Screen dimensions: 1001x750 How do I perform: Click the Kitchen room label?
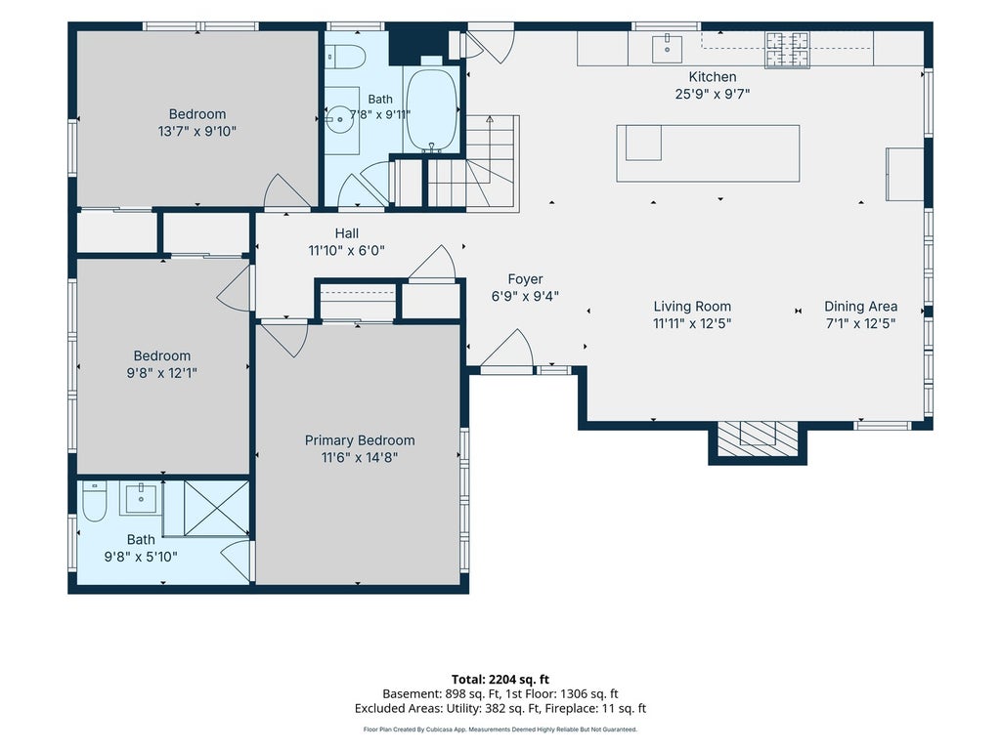(713, 77)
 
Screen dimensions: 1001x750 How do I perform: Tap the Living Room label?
(692, 307)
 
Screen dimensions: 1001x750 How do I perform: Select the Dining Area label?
(860, 307)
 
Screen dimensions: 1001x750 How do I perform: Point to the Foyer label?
(525, 279)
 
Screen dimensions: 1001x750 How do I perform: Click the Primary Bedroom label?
(360, 440)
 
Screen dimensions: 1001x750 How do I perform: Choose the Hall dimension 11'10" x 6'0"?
(347, 251)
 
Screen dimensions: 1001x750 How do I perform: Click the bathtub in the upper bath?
(432, 110)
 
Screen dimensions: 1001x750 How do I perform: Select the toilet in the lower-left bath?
(95, 502)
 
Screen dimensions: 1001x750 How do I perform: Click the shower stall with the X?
(216, 508)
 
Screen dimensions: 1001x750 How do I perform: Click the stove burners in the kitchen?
(787, 50)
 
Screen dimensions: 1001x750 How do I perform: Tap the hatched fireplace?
(758, 438)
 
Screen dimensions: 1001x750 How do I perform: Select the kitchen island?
(708, 153)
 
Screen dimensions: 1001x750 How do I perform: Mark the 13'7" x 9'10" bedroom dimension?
(197, 132)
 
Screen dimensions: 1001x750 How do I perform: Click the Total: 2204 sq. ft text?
(500, 680)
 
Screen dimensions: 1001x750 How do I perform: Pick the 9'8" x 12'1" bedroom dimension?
(161, 373)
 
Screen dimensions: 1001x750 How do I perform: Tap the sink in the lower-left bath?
(141, 498)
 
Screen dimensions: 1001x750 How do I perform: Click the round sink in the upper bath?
(340, 118)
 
